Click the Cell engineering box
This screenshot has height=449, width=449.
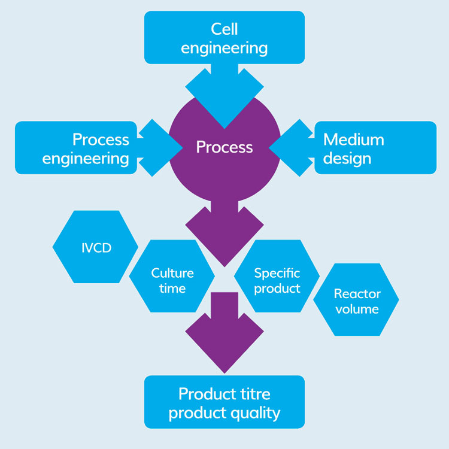coord(224,37)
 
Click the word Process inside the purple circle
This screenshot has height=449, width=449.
coord(224,147)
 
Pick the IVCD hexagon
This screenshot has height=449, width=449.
coord(96,247)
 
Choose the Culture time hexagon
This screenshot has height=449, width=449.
coord(172,280)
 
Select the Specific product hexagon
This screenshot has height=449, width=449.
coord(277,280)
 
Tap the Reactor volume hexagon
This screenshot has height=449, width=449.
coord(356,301)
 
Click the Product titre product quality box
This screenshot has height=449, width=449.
coord(224,402)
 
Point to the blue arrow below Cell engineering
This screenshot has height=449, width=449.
coord(224,90)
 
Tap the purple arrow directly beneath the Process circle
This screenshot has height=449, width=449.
coord(224,230)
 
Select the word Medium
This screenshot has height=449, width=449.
coord(353,139)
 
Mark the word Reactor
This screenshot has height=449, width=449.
coord(357,293)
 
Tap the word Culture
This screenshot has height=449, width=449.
coord(172,273)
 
